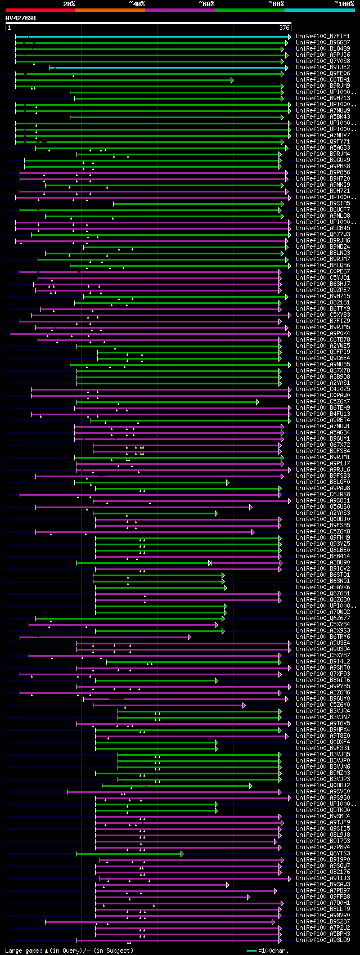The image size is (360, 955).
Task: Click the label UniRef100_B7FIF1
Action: (323, 36)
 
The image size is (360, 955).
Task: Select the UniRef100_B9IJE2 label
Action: (323, 67)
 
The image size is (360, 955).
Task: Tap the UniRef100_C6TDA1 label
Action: (323, 79)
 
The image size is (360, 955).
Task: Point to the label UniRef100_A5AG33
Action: (323, 147)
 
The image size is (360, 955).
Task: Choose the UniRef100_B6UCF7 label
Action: (323, 209)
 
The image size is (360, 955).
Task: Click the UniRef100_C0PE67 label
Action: (323, 271)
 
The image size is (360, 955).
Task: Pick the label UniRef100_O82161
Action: (323, 302)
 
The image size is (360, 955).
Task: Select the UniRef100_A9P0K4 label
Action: (323, 333)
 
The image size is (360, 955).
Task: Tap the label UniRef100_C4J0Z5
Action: (323, 389)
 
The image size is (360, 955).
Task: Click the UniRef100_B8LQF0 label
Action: (323, 482)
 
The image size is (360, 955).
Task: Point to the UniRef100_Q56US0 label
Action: (323, 506)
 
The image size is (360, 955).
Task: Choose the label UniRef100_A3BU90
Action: (323, 562)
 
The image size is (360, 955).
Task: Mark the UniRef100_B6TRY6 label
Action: (323, 636)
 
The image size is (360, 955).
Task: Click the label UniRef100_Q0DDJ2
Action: (323, 785)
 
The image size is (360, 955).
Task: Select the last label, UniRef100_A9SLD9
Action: (323, 940)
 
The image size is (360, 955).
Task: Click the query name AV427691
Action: (21, 18)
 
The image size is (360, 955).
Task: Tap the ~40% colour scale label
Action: (137, 4)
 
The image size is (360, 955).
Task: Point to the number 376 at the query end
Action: (284, 28)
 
